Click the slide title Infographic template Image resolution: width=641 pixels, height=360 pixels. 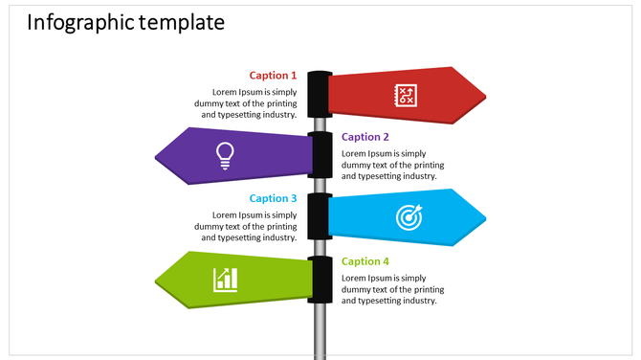pos(125,22)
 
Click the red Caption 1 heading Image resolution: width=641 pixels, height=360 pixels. pos(273,75)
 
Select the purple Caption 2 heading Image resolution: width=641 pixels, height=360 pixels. pos(365,137)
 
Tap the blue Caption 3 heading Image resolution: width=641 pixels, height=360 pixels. pos(273,198)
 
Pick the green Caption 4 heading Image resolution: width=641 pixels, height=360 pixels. pos(365,261)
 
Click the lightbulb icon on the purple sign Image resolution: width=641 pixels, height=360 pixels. pos(225,154)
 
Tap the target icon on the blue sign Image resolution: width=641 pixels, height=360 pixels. pos(409,217)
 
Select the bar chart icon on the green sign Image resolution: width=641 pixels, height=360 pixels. pos(226,280)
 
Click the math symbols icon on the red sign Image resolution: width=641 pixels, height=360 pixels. pos(406,94)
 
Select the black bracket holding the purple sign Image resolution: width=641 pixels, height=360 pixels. pos(321,155)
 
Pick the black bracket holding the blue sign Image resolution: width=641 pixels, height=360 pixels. pos(320,217)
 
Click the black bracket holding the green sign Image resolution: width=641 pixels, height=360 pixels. pos(321,280)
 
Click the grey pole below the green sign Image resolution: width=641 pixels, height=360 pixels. pos(320,330)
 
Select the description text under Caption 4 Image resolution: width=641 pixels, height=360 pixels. pos(392,289)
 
